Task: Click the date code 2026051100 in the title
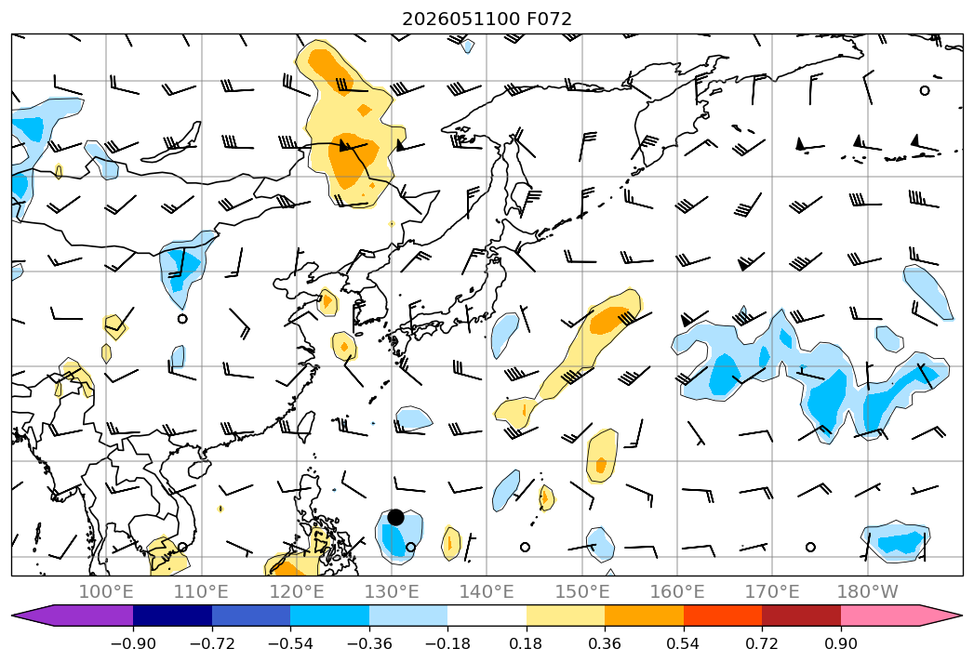(460, 20)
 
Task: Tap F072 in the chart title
(549, 20)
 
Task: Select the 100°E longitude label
(106, 591)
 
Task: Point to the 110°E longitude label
(201, 591)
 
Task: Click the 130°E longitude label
(392, 591)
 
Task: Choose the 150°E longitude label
(582, 591)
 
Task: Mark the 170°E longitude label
(772, 591)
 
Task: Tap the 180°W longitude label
(868, 591)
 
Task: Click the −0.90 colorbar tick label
(133, 643)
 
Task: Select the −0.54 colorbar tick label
(290, 643)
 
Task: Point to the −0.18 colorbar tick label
(447, 643)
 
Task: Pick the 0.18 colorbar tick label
(527, 643)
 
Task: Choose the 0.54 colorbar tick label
(684, 643)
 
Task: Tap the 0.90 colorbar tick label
(840, 643)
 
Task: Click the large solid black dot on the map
(395, 517)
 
